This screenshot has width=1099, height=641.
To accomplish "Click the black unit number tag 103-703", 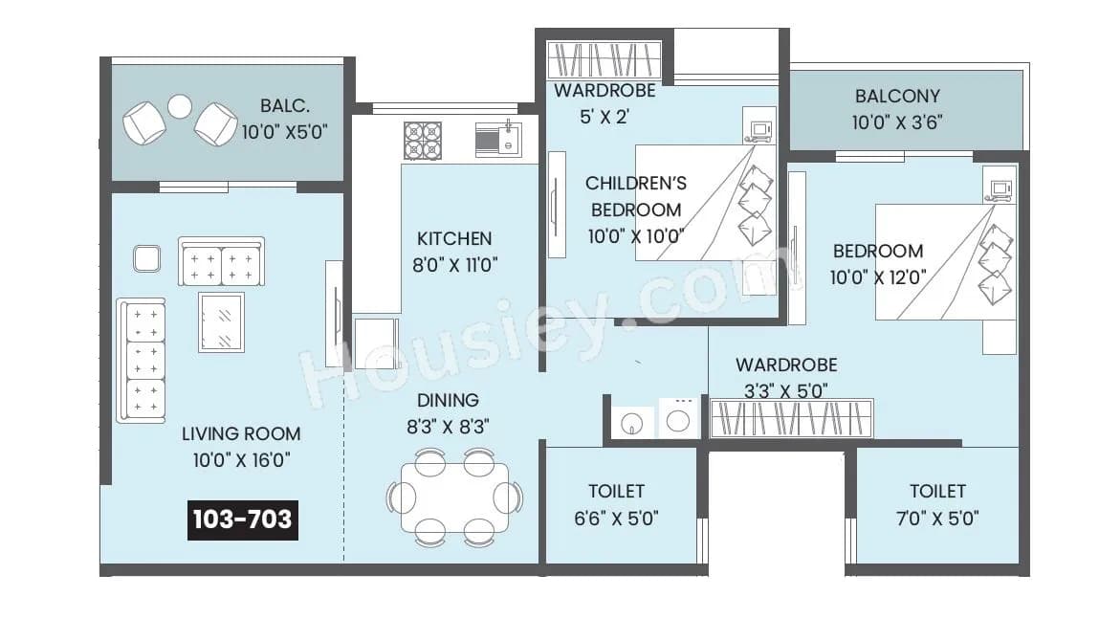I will click(242, 519).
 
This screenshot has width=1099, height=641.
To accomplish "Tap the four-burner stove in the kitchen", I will click(422, 140).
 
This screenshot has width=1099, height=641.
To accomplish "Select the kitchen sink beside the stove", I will click(497, 140).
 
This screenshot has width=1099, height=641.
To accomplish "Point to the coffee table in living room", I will click(221, 321).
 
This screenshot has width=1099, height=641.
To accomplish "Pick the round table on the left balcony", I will click(180, 106).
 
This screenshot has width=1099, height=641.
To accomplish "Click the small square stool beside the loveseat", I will click(146, 258).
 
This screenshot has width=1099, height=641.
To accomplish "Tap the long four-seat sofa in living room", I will click(141, 361).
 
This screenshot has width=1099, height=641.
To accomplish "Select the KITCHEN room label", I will click(454, 238).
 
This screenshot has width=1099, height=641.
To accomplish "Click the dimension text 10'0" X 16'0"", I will click(242, 460).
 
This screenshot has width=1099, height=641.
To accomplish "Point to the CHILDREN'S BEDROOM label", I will click(635, 196).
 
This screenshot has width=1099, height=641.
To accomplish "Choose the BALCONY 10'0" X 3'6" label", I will click(896, 109).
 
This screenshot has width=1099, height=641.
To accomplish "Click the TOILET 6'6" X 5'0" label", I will click(616, 504).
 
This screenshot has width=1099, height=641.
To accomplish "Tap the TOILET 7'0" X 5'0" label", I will click(937, 504).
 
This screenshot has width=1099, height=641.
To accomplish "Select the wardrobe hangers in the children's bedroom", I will click(604, 60).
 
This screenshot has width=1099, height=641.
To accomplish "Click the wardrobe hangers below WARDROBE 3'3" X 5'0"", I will click(791, 418).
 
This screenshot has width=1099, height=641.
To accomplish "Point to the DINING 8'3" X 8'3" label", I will click(449, 413).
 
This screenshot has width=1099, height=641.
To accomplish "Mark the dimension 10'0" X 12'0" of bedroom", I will click(877, 277).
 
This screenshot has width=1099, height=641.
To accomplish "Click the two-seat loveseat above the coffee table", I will click(221, 262).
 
